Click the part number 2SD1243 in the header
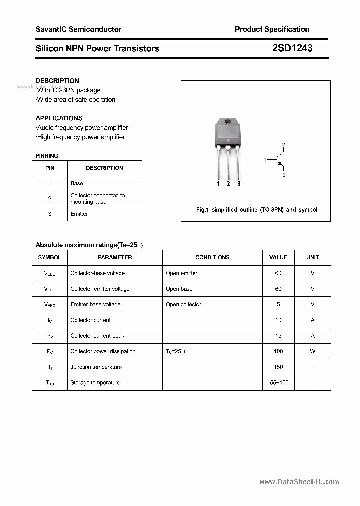coord(292,48)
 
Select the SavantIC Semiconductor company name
coord(78,29)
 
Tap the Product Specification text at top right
coord(272,29)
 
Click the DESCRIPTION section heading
coord(57,81)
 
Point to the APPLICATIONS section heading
coord(59,118)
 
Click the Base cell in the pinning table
coord(77,183)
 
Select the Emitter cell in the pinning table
coord(79,214)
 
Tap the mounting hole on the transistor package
coord(228,122)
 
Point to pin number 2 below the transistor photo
coord(228,184)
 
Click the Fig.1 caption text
coord(256,210)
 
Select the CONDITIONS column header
coord(212,257)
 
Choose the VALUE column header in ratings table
coord(278,257)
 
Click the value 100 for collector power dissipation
coord(278,351)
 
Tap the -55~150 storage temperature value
coord(278,382)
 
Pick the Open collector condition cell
coord(184,304)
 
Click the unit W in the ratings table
coord(313,351)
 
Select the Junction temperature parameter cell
coord(96,367)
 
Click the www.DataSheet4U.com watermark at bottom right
coord(299,482)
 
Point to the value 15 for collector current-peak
coord(278,336)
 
